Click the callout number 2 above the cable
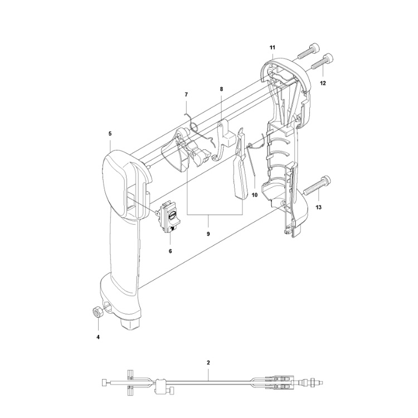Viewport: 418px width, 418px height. pos(208,363)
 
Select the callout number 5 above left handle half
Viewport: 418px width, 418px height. pos(110,134)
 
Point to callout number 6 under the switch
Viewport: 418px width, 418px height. pos(170,251)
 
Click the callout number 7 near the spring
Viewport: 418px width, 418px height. pos(187,95)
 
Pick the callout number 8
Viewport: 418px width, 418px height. pos(221,89)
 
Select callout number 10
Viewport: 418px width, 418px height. pos(255,195)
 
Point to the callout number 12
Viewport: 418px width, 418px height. pos(323,83)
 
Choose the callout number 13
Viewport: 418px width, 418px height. pos(319,207)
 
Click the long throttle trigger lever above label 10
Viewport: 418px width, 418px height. pos(239,167)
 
